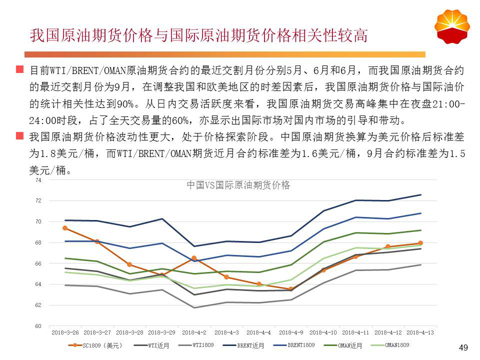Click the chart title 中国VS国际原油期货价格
tap(238, 185)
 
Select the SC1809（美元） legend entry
tap(99, 345)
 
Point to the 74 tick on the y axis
tap(38, 180)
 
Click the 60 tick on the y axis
tap(38, 326)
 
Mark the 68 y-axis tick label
tap(38, 242)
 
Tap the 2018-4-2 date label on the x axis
tap(194, 332)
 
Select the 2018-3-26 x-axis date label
tap(65, 332)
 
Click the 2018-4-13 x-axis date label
tap(420, 332)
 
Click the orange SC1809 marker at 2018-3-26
tap(65, 228)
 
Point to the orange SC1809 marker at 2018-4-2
tap(194, 258)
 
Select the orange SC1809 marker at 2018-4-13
tap(420, 243)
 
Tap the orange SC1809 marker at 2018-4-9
tap(291, 289)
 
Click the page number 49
tap(463, 348)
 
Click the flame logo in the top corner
tap(452, 25)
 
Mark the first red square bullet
tap(19, 69)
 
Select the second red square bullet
tap(19, 136)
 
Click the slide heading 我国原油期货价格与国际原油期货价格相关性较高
tap(199, 35)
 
